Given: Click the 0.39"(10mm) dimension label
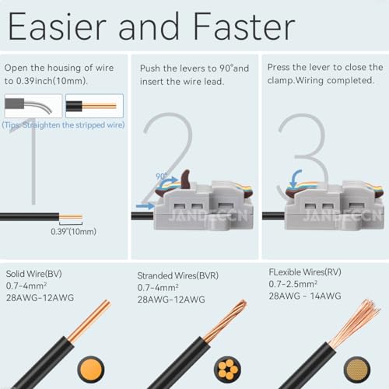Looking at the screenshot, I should click(73, 231).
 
